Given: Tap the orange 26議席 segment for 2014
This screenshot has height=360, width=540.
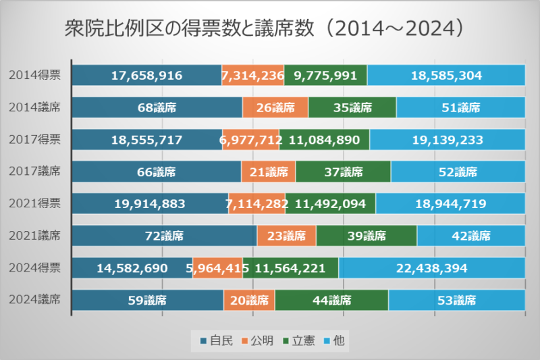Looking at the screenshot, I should [x=275, y=107].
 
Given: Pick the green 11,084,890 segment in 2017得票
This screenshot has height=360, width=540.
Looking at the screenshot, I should [x=324, y=140].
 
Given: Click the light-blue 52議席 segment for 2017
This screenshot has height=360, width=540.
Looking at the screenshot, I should [x=458, y=172].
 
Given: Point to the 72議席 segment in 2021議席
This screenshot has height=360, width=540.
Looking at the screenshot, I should [x=164, y=236].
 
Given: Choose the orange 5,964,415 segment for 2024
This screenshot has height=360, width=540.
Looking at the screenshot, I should [x=218, y=268].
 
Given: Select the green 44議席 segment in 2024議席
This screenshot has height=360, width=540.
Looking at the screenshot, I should [x=331, y=300].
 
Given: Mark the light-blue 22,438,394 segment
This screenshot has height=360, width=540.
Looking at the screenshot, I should [x=432, y=268].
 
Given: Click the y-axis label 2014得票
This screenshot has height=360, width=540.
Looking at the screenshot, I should [x=35, y=75].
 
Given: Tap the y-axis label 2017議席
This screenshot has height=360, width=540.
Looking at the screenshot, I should [x=35, y=172].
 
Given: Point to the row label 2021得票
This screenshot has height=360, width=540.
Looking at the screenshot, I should [x=35, y=204].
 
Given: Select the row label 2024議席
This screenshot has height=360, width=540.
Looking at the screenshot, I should [x=35, y=300].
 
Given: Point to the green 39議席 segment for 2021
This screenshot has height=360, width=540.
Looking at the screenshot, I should [x=367, y=236].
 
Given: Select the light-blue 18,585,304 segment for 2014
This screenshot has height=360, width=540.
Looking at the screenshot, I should [x=446, y=75].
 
